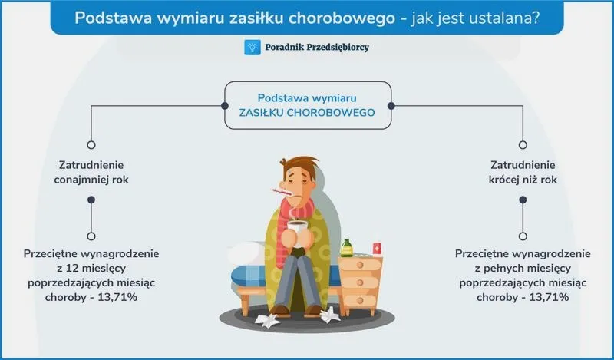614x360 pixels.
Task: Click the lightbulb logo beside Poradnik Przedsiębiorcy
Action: tap(253, 47)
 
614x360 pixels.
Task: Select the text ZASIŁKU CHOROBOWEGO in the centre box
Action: tap(307, 113)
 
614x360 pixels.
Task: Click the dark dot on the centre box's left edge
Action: tap(225, 106)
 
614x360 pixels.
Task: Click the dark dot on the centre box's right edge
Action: tap(391, 106)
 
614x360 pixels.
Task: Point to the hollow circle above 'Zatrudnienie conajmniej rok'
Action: tap(91, 145)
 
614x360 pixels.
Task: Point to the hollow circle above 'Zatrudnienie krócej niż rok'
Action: tap(523, 145)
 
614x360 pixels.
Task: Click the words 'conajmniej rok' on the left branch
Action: tap(91, 180)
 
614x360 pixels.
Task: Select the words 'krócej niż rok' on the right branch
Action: tap(523, 180)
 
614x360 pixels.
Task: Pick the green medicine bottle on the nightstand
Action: tap(347, 248)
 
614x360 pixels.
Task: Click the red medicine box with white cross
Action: tap(377, 249)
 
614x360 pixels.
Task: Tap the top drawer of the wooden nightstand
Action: tap(360, 265)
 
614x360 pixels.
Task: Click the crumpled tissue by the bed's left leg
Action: tap(267, 320)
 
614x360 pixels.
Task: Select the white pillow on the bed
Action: tap(246, 253)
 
